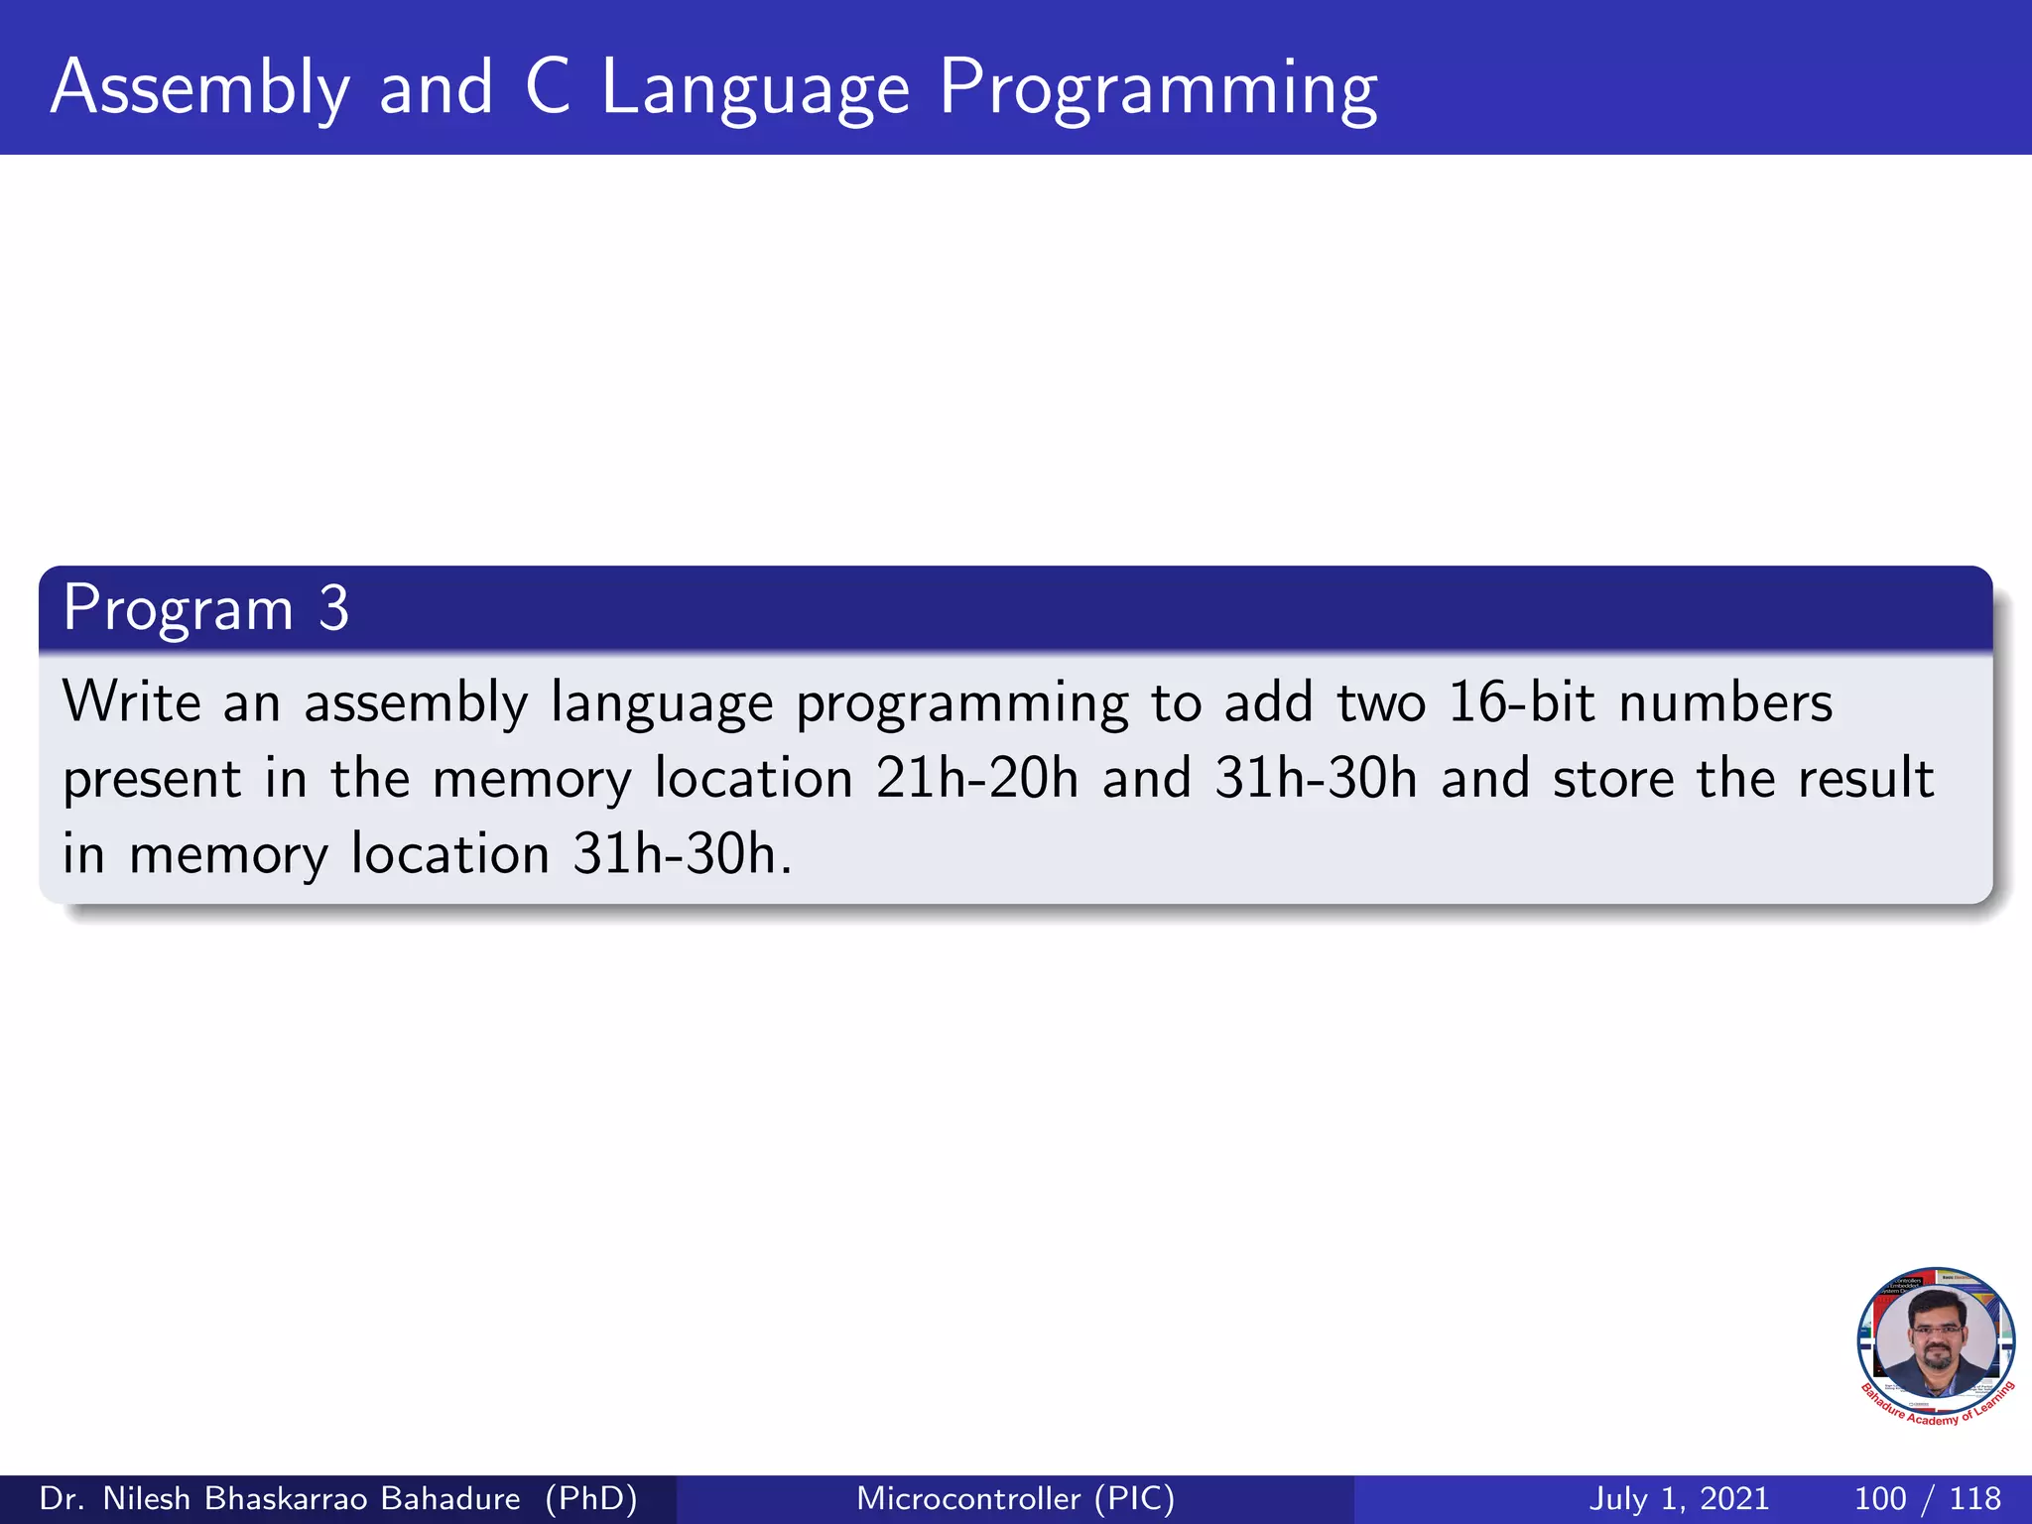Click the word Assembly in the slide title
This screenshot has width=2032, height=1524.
(x=199, y=88)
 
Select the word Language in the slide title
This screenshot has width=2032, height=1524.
(x=755, y=88)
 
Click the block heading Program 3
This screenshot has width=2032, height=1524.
(x=205, y=608)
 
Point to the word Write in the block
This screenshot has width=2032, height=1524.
(x=132, y=701)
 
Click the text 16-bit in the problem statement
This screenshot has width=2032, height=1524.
(x=1521, y=701)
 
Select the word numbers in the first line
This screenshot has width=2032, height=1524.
(x=1725, y=701)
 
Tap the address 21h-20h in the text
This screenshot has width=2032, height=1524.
(x=976, y=778)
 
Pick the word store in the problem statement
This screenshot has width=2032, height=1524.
(x=1612, y=778)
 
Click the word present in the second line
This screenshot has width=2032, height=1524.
(x=152, y=780)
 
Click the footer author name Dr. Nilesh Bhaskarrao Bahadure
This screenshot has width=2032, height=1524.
(x=280, y=1498)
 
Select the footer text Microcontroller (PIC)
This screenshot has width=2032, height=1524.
(x=1015, y=1498)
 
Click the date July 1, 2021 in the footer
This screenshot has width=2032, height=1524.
(x=1679, y=1498)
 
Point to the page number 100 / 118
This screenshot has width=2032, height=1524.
(x=1927, y=1498)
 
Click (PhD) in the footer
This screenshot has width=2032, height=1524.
(x=591, y=1498)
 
